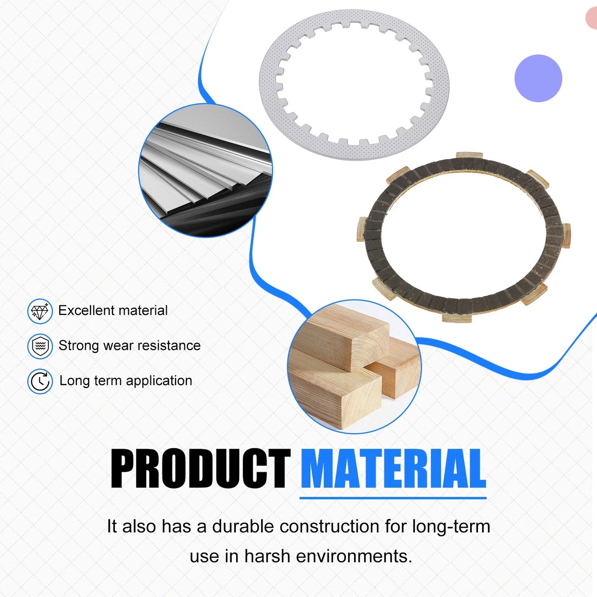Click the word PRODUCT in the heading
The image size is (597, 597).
click(x=200, y=469)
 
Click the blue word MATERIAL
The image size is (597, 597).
click(x=393, y=469)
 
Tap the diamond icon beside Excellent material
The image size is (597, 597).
click(x=40, y=311)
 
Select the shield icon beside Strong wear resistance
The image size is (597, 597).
click(x=40, y=346)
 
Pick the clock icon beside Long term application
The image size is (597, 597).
click(x=40, y=381)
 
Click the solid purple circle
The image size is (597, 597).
click(x=538, y=78)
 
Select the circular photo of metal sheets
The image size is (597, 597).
click(x=205, y=170)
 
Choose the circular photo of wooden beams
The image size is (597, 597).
click(x=354, y=366)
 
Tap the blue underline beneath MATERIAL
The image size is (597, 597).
click(x=393, y=498)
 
